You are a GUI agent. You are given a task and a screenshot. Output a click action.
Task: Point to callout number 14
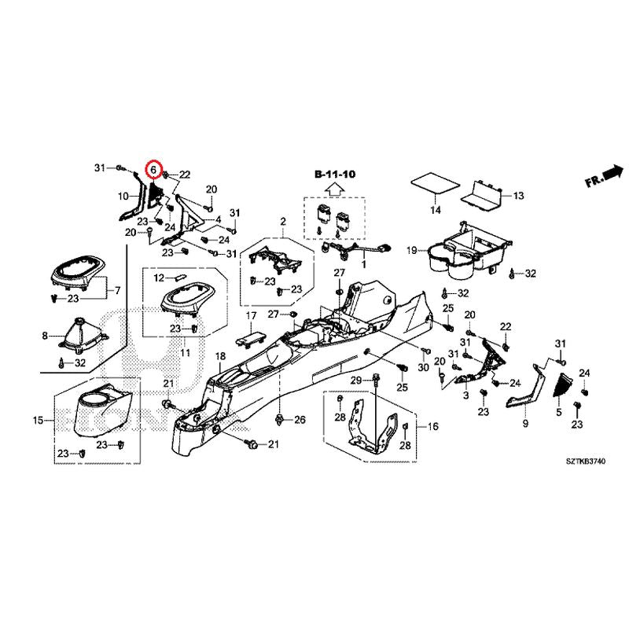click(435, 211)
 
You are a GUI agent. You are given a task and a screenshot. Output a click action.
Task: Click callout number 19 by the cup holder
click(411, 250)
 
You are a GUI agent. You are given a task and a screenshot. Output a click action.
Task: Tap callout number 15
click(38, 421)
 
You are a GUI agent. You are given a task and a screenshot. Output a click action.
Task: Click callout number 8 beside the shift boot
click(44, 336)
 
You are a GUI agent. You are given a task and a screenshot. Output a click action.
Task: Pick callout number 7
click(119, 291)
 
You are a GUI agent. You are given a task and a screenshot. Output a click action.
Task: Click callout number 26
click(299, 421)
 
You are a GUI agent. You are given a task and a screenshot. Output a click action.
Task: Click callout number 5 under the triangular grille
click(559, 412)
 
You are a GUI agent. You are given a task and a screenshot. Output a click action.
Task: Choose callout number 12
click(158, 278)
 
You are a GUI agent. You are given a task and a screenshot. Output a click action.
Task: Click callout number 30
click(424, 368)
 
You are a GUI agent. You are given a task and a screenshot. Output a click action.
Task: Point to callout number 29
click(355, 381)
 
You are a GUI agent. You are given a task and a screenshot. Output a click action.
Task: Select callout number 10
click(123, 195)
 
